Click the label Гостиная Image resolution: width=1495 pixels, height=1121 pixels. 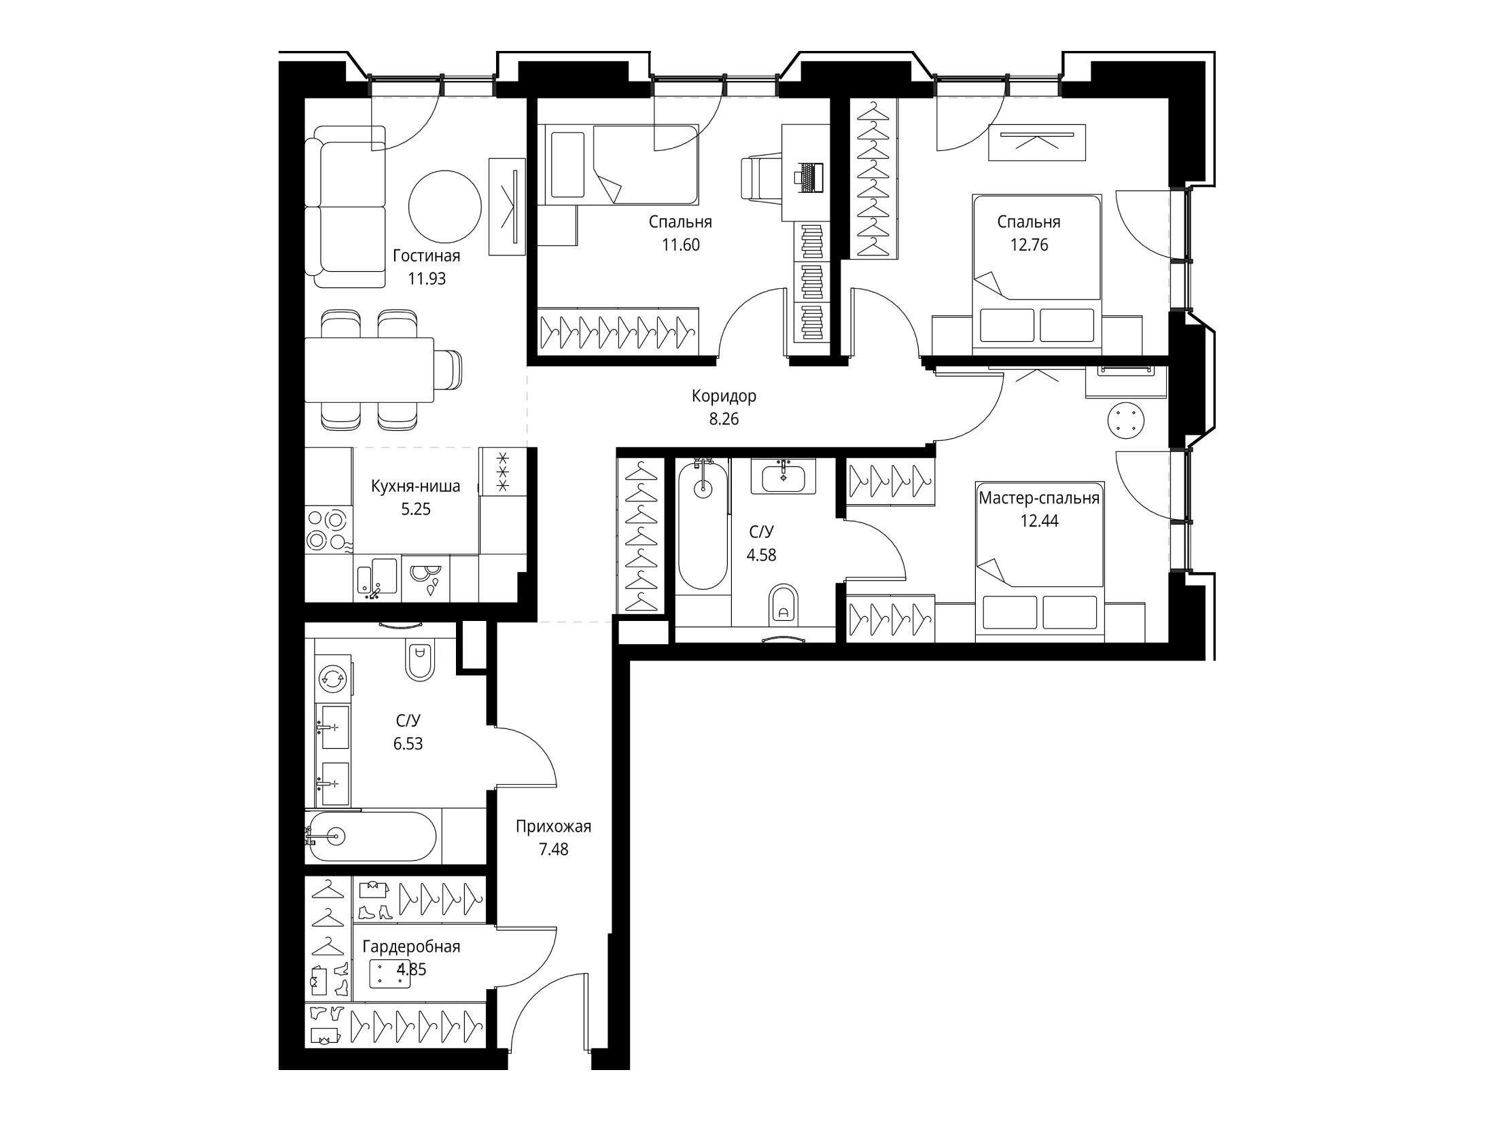coord(427,256)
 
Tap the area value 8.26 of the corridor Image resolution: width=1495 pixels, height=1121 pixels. coord(724,419)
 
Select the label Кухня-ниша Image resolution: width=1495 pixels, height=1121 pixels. coord(415,486)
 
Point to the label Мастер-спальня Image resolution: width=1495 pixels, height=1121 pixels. coord(1039,499)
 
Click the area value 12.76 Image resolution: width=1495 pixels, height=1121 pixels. coord(1029,245)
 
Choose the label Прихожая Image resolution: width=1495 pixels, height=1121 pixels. coord(553,827)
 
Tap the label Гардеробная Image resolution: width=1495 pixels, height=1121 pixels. coord(411,947)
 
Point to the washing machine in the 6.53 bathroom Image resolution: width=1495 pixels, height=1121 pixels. coord(333,677)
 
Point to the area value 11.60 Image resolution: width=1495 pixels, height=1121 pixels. coord(680,245)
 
